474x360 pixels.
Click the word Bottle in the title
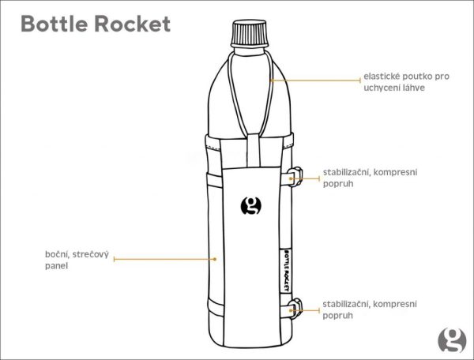[x=54, y=24]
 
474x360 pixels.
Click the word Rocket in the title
[x=133, y=24]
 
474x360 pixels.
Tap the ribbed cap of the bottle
[x=250, y=33]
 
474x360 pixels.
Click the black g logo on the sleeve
[x=251, y=206]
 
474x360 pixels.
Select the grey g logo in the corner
[x=452, y=339]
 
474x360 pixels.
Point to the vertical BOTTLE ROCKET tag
[x=285, y=271]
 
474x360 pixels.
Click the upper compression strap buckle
[x=295, y=177]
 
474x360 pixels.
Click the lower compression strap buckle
[x=295, y=308]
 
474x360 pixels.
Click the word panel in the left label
[x=56, y=266]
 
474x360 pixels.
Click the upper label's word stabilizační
[x=348, y=172]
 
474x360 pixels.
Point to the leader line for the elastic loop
[x=315, y=81]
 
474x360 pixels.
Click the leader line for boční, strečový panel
[x=165, y=259]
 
